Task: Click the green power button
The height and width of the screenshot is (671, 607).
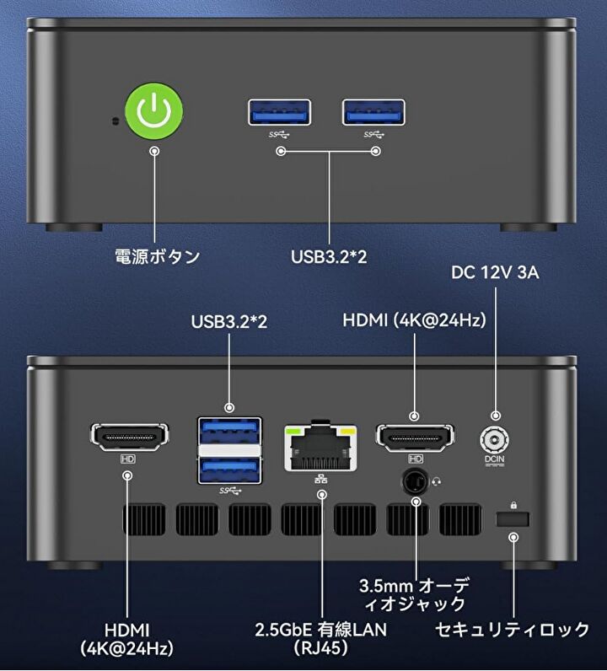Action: click(x=154, y=111)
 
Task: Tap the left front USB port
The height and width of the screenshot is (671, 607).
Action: click(x=279, y=113)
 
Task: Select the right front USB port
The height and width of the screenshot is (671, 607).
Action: click(x=373, y=113)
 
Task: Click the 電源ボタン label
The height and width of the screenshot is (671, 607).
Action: click(x=157, y=256)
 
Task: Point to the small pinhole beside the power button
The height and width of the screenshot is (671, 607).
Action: click(x=115, y=120)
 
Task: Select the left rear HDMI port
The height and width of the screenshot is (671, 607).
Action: click(x=128, y=437)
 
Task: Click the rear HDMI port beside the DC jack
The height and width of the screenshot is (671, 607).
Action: click(x=414, y=437)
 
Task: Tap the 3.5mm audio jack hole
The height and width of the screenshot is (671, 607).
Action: click(x=414, y=482)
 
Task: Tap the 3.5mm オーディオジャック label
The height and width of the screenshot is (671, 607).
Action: click(x=413, y=594)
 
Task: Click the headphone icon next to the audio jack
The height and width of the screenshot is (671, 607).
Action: click(x=435, y=482)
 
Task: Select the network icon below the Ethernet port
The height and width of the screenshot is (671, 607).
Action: click(x=320, y=479)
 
